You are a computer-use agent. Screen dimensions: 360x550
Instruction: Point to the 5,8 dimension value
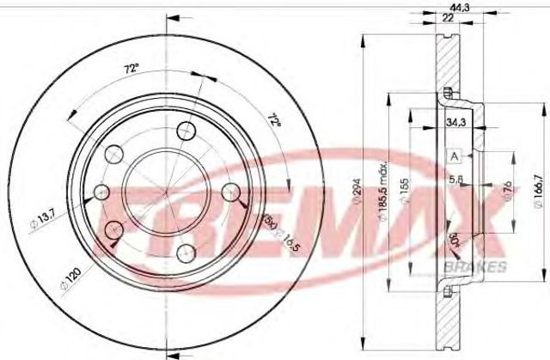click(456, 180)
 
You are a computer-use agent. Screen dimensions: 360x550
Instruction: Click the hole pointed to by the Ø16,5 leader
click(231, 192)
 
